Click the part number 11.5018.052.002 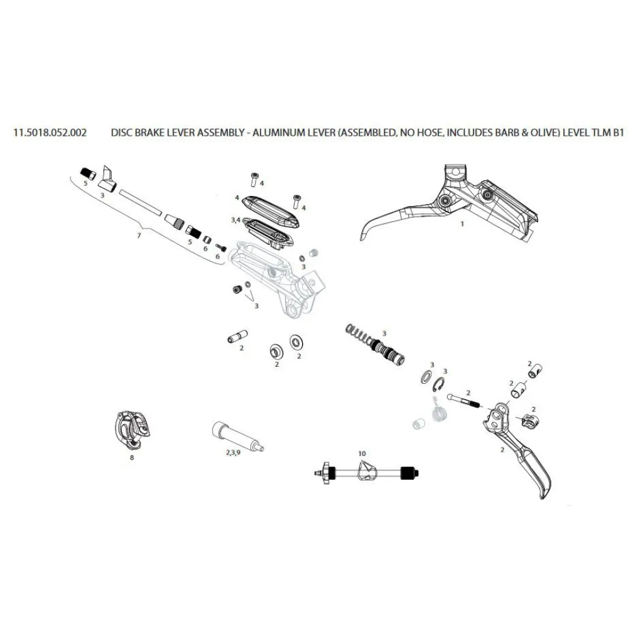tap(50, 133)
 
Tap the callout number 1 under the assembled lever tap(462, 224)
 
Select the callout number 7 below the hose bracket tap(139, 235)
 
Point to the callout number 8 tap(132, 457)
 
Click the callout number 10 tap(362, 453)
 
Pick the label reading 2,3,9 tap(233, 453)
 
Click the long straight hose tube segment tap(140, 202)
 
